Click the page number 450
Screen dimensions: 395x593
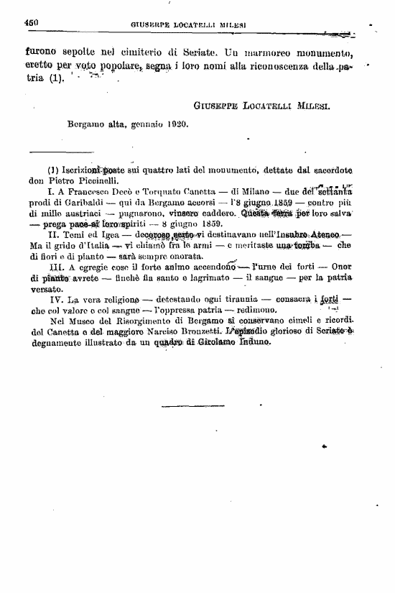pyautogui.click(x=31, y=23)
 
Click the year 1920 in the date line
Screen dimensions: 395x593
pyautogui.click(x=175, y=124)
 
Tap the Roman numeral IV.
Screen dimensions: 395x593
pyautogui.click(x=53, y=298)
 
